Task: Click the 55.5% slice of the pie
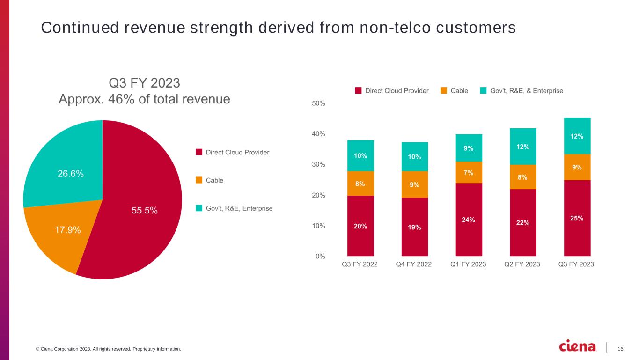point(140,211)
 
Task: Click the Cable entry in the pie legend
point(214,180)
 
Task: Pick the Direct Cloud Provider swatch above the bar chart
point(359,91)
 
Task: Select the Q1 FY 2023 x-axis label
point(468,264)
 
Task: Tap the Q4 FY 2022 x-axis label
point(414,264)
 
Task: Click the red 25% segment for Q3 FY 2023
point(577,218)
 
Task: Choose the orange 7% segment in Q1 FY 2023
point(469,172)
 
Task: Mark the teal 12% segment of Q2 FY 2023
point(523,147)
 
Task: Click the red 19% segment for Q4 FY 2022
point(414,227)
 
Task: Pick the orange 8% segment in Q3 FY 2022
point(360,184)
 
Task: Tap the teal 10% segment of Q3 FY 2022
point(360,155)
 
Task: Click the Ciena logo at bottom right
point(578,346)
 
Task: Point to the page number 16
point(621,349)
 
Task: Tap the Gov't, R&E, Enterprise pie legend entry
point(239,208)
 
